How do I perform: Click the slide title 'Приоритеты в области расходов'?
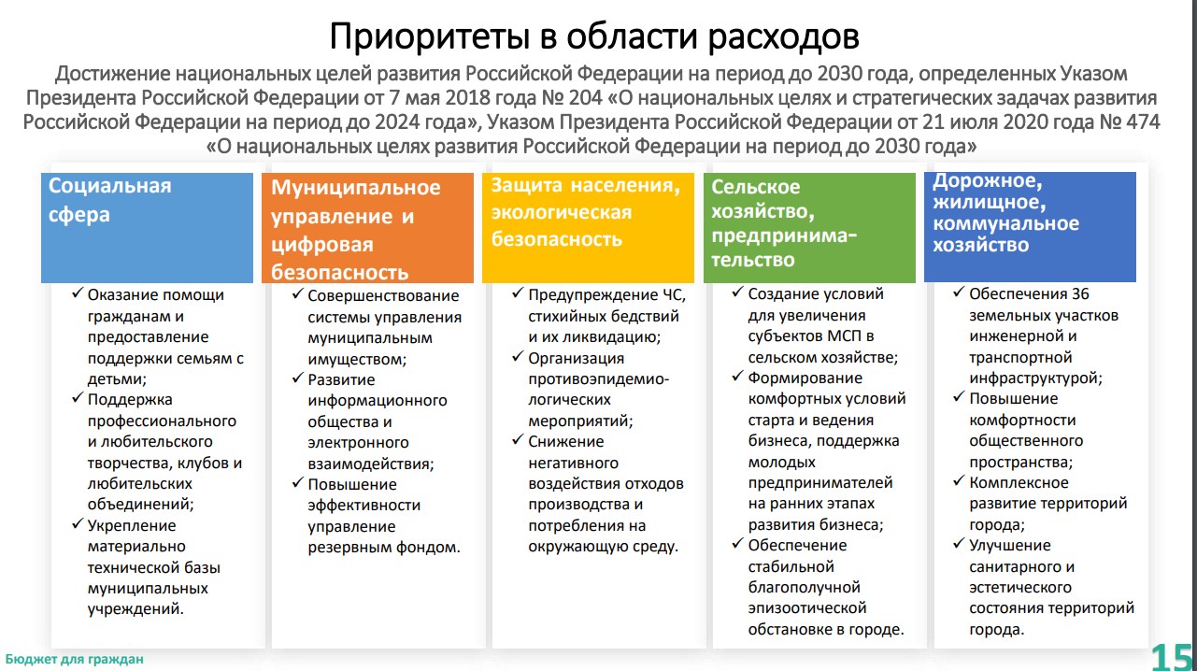point(594,36)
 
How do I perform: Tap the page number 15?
point(1172,657)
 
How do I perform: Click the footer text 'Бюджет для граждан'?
point(74,659)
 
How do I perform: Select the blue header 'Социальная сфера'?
point(147,228)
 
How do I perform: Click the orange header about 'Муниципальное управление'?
point(367,228)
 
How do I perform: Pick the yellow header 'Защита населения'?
point(588,228)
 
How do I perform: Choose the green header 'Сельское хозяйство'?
point(809,228)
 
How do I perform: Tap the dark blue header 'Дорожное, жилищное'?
point(1030,227)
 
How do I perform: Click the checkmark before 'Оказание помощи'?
point(78,293)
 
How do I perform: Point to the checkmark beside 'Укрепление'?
point(78,523)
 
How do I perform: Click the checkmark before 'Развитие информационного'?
point(298,378)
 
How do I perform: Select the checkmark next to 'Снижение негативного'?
point(518,439)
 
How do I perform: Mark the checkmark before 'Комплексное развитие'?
point(959,480)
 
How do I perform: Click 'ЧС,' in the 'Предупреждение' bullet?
point(675,295)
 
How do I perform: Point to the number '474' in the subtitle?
point(1143,122)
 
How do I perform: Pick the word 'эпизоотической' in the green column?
point(807,608)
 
